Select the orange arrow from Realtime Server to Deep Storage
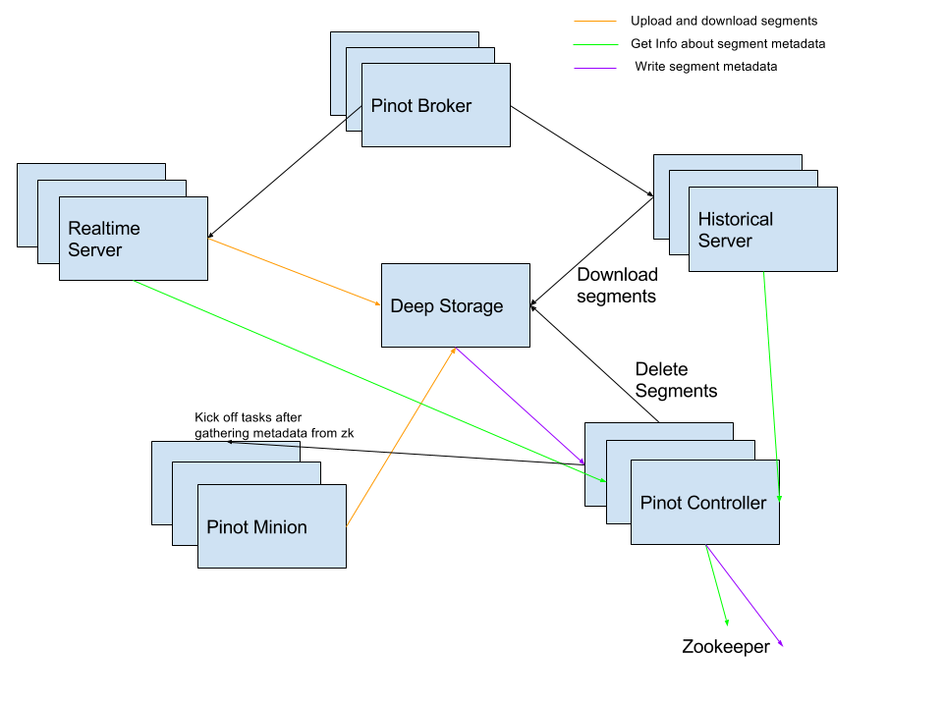[x=295, y=272]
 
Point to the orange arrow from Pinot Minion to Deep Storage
[x=401, y=437]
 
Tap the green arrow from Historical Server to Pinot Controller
[x=771, y=387]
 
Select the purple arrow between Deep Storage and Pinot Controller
[x=521, y=406]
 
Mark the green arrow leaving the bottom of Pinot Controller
[x=717, y=585]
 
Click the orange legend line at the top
[x=595, y=21]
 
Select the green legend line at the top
[x=595, y=44]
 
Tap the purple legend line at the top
[x=595, y=68]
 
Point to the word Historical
[x=736, y=219]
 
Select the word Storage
[x=471, y=306]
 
